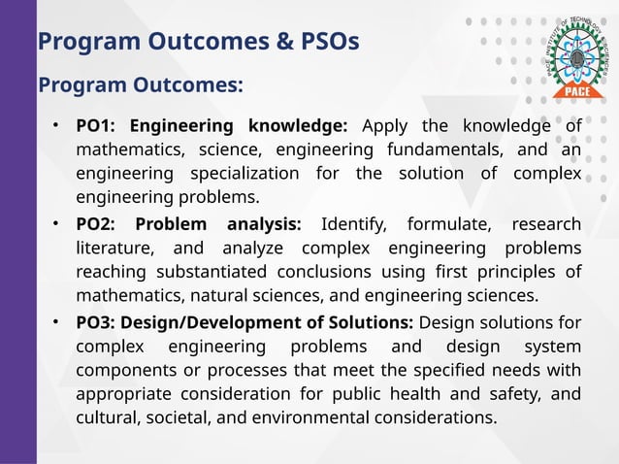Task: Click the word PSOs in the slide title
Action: coord(325,42)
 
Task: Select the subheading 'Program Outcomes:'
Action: coord(140,85)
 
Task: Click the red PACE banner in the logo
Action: coord(571,92)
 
